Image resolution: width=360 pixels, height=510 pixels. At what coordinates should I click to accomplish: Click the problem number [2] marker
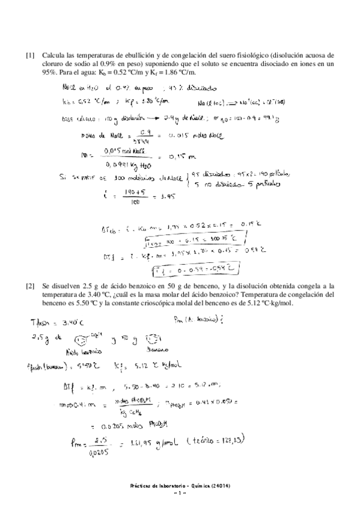29,280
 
